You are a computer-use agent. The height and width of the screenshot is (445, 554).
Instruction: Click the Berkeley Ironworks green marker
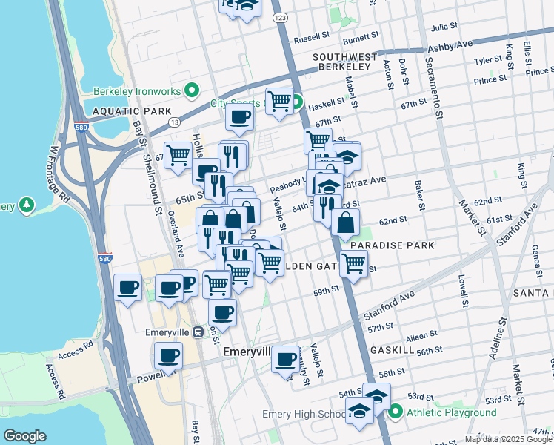point(192,91)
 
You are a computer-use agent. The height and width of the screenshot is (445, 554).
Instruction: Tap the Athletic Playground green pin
point(396,412)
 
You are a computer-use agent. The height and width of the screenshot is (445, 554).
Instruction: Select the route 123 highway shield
point(279,16)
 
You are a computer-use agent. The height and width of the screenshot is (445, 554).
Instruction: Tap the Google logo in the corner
point(24,436)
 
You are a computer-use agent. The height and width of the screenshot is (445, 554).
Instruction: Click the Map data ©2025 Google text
point(508,439)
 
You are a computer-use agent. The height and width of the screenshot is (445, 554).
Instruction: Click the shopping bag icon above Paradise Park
point(345,222)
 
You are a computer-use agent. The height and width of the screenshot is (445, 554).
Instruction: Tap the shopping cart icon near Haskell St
point(278,101)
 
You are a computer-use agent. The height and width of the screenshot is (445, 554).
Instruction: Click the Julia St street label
point(444,27)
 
